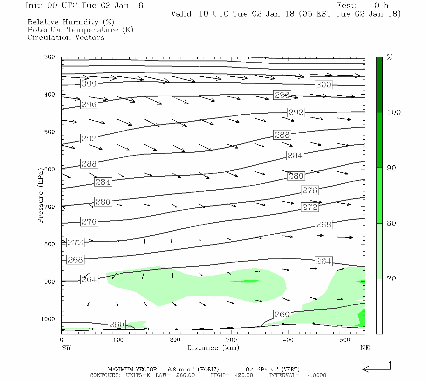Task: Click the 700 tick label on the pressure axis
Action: (49, 207)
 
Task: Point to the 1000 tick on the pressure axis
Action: (48, 319)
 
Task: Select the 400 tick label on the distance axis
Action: (288, 340)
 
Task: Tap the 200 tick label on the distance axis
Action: (175, 340)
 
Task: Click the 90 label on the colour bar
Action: (391, 168)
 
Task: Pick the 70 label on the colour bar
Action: (391, 279)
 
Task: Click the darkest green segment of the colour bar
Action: (379, 85)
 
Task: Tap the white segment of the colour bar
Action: (379, 306)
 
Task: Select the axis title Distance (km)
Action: (213, 348)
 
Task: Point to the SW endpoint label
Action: (66, 348)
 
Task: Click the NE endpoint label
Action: (365, 348)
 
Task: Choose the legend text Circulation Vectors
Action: (66, 38)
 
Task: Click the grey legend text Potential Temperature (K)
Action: (80, 30)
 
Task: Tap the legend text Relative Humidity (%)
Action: (71, 22)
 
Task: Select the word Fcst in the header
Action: (347, 6)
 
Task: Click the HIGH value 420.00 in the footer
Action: (244, 375)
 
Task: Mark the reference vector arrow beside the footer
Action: (377, 368)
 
